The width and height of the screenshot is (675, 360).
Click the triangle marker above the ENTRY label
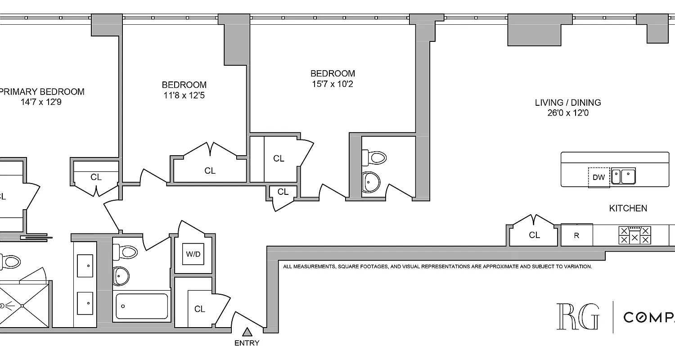[x=247, y=332]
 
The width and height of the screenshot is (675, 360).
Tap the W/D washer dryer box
[x=193, y=254]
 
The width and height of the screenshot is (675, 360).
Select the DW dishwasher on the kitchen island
[x=598, y=177]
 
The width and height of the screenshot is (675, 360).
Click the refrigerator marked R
[x=576, y=235]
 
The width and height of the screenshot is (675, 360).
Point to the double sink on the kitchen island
[x=623, y=176]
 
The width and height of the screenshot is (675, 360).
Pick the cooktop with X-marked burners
[x=634, y=235]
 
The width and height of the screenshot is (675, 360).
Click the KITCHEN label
[x=628, y=208]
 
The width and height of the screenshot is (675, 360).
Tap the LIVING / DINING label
[x=567, y=103]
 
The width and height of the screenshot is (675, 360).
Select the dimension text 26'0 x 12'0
[x=567, y=113]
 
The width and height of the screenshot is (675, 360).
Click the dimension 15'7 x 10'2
[x=332, y=84]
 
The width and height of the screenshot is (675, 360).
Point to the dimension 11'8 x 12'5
[x=184, y=95]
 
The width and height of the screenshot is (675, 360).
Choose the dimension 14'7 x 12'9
[x=41, y=102]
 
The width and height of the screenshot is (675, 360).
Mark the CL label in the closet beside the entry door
[x=199, y=309]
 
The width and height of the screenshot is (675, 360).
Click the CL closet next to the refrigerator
[x=534, y=235]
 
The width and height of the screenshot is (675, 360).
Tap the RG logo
[x=578, y=317]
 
